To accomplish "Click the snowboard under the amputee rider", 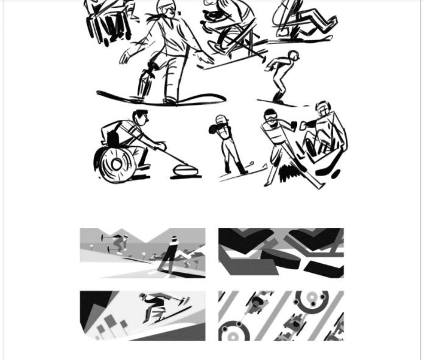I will (x=161, y=99).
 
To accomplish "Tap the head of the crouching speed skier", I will (x=293, y=56).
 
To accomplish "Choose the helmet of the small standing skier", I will (x=222, y=119).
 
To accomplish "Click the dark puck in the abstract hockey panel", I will (x=280, y=256).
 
